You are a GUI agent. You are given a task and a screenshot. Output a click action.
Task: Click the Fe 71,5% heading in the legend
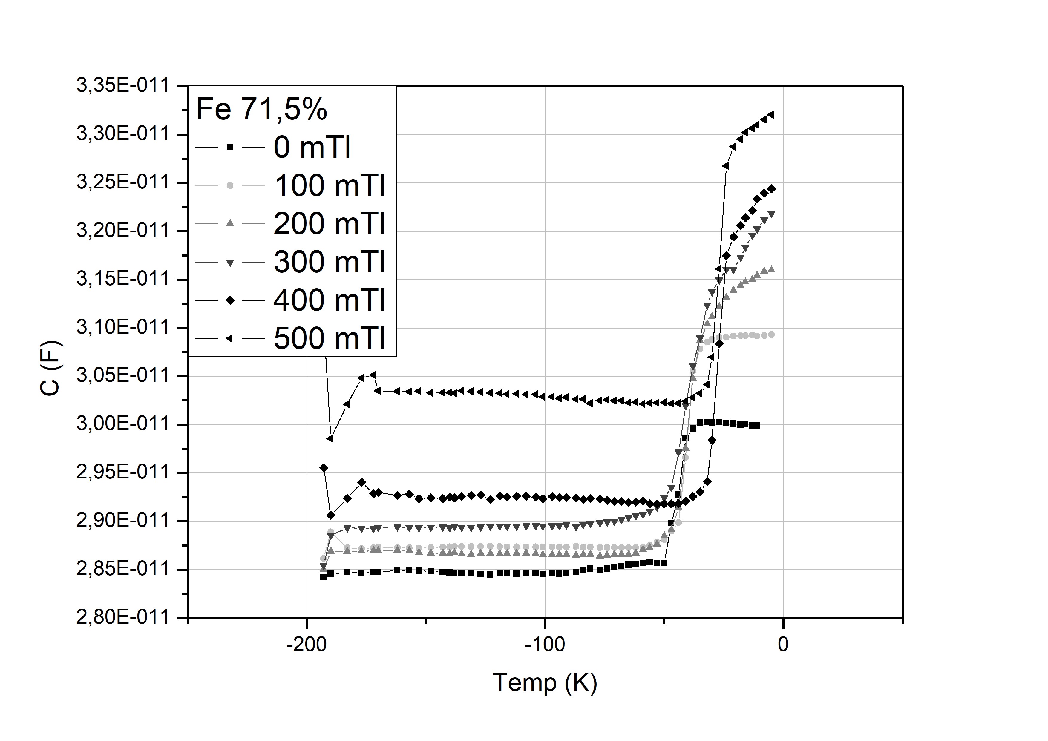click(261, 110)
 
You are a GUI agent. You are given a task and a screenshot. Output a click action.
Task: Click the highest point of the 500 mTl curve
click(771, 114)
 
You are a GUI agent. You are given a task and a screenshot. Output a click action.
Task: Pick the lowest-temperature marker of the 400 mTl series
click(324, 468)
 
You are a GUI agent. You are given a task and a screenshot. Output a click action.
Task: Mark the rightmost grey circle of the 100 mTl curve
click(771, 335)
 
